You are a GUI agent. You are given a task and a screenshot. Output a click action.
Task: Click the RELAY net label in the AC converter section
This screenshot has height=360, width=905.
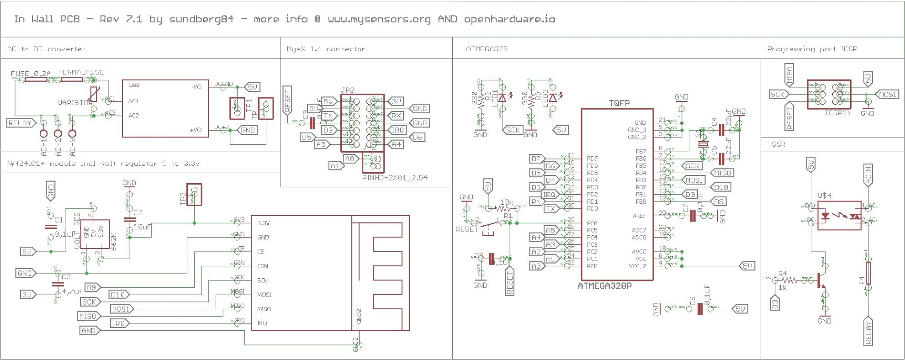click(20, 123)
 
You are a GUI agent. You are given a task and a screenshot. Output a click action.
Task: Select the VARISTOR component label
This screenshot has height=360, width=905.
click(74, 103)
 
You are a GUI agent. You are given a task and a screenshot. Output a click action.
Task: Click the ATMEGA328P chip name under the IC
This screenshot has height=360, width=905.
click(605, 286)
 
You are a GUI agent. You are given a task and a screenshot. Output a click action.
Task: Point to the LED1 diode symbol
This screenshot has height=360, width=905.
click(503, 97)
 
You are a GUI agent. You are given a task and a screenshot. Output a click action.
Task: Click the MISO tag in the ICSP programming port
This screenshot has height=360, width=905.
click(789, 75)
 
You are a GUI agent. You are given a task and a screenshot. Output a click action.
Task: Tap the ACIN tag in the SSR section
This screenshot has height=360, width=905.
click(868, 175)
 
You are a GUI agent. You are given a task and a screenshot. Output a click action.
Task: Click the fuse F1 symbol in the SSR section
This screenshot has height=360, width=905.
click(868, 273)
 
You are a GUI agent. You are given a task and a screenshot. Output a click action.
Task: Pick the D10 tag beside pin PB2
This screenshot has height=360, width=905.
click(721, 187)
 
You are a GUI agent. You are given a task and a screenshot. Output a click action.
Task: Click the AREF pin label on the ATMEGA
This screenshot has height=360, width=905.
click(639, 216)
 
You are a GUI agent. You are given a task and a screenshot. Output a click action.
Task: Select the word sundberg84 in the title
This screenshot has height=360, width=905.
click(201, 19)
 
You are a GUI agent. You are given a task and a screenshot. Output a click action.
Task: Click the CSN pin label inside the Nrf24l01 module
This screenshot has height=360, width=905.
click(263, 266)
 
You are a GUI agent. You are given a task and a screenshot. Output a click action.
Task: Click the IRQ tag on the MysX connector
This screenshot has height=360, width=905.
click(397, 130)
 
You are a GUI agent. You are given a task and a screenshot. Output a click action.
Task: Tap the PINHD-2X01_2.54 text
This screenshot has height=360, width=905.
click(395, 178)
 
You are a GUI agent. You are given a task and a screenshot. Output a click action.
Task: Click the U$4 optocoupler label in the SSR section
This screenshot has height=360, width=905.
click(824, 196)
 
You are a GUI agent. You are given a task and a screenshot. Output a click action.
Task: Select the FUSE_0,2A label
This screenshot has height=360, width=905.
click(31, 73)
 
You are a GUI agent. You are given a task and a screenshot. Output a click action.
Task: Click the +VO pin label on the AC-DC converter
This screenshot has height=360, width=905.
click(196, 130)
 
